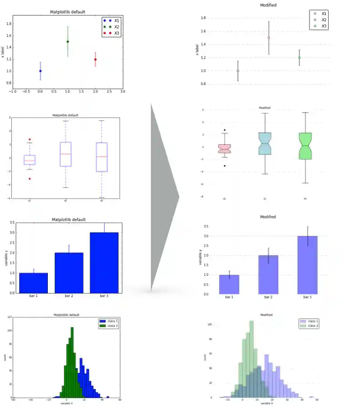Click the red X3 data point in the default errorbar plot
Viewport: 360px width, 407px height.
[95, 59]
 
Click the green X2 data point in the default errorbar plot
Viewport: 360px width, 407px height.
[68, 41]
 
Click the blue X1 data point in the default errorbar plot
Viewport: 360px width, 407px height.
[40, 71]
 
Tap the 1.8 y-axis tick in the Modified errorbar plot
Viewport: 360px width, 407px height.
[203, 18]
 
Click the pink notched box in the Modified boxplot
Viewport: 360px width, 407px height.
[224, 149]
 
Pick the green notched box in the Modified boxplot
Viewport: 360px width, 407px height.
[305, 146]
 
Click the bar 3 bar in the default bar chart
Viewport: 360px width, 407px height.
[104, 263]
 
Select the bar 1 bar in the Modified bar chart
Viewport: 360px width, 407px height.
[229, 284]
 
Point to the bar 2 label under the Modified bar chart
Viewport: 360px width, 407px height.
[268, 297]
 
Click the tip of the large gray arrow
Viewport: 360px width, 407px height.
[179, 197]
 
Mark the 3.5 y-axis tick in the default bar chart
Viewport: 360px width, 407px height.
[11, 222]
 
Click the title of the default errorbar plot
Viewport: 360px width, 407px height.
[67, 11]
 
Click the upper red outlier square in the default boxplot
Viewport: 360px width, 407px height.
[30, 139]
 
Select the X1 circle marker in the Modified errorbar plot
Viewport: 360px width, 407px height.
[238, 71]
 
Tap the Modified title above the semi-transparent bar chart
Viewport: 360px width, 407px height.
[268, 217]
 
